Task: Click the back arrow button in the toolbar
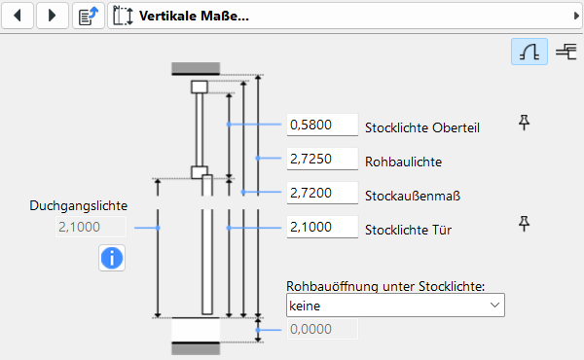pos(18,16)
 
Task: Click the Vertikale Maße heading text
pos(194,16)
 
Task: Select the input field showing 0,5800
pos(322,125)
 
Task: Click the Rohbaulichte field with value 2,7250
pos(322,159)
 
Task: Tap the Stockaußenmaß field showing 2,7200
pos(322,193)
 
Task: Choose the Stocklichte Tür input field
pos(322,227)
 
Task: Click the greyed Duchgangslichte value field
pos(91,227)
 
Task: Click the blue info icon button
pos(112,258)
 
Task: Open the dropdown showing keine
pos(395,306)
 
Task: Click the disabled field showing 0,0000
pos(322,329)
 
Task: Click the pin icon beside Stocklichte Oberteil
pos(524,123)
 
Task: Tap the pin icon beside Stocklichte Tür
pos(524,224)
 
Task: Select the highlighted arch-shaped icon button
pos(529,52)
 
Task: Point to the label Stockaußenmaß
pos(413,196)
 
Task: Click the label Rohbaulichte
pos(403,162)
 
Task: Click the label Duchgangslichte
pos(79,206)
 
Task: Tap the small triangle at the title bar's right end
pos(576,16)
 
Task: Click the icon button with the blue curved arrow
pos(89,16)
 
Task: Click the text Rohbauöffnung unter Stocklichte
pos(385,286)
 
